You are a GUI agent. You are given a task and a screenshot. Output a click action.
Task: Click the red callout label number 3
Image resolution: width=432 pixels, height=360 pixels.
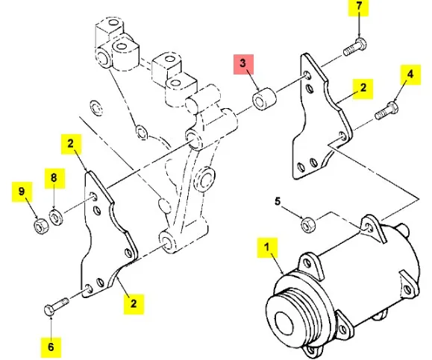click(x=243, y=64)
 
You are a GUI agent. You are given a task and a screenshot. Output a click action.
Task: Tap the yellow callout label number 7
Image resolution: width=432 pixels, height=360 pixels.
click(x=358, y=7)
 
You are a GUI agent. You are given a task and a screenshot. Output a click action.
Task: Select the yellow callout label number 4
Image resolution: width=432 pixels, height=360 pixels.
click(x=410, y=75)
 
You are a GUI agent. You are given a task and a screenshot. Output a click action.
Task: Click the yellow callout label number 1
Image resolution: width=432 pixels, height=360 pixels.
click(x=267, y=247)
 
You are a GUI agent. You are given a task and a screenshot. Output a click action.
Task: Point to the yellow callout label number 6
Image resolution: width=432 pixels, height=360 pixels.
click(x=51, y=347)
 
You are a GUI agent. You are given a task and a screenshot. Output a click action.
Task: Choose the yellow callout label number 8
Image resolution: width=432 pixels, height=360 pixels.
click(x=54, y=178)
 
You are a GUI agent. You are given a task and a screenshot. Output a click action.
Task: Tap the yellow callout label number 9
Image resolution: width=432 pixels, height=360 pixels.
click(x=22, y=192)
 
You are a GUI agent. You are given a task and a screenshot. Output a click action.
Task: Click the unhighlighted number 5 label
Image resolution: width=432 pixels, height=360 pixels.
click(x=278, y=201)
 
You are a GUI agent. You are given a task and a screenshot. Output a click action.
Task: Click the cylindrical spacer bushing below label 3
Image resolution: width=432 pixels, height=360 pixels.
click(x=264, y=98)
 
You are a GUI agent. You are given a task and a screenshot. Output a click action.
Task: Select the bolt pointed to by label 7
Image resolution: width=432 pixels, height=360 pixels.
click(x=355, y=48)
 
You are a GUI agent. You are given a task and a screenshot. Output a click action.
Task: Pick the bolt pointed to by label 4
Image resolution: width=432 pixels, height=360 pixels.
click(x=386, y=110)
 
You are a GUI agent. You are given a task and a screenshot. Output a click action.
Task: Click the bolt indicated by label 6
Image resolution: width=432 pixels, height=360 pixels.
click(x=57, y=306)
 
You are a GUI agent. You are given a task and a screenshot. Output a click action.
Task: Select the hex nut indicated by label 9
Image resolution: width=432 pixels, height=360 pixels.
click(x=41, y=227)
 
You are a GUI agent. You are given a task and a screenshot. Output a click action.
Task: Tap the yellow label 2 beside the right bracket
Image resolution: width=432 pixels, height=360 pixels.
click(x=363, y=89)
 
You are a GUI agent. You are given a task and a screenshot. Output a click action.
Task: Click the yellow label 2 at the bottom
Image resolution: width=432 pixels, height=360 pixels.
click(x=134, y=304)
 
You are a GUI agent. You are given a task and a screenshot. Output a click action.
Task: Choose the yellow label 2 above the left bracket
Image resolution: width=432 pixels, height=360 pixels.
click(x=71, y=144)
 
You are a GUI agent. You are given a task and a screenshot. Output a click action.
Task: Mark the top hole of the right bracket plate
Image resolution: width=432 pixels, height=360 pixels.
click(x=307, y=75)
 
